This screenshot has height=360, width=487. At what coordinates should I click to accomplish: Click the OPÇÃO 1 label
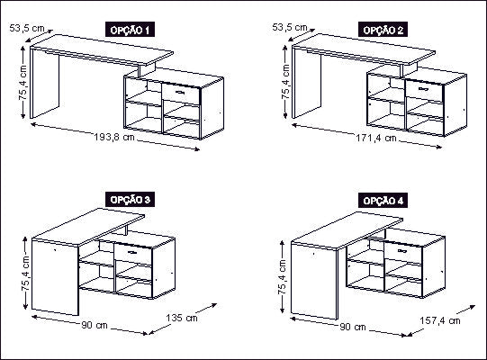pos(130,30)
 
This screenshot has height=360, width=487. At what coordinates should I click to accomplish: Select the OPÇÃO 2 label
pos(383,30)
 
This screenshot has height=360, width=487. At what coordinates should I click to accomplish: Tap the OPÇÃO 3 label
pos(131,200)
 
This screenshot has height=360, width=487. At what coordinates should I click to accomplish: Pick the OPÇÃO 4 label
pos(383,201)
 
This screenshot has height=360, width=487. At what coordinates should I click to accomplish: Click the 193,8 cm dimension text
pos(114,137)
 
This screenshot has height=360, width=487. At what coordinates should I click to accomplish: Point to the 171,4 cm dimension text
pos(376,138)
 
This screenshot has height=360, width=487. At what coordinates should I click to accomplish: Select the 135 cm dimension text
pos(182,318)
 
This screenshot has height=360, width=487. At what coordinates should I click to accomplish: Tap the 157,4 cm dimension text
pos(440,320)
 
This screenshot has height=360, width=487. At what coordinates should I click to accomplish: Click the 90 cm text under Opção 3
pos(95,325)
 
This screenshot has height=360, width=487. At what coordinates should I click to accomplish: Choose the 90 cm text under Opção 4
pos(353,327)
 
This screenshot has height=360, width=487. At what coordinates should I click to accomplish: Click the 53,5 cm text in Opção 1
pos(27,28)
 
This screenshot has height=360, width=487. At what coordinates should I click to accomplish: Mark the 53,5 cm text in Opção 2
pos(290,27)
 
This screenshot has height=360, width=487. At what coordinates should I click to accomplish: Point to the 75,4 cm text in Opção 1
pos(23,82)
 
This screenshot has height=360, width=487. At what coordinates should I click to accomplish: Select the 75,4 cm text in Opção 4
pos(282,277)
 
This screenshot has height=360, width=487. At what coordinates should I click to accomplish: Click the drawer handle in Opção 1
pos(180,93)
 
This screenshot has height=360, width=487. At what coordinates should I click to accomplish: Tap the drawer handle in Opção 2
pos(423,89)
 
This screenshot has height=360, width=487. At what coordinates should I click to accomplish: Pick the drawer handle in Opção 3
pos(132,252)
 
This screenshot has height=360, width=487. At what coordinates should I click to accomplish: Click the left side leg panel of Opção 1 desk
pos(45,83)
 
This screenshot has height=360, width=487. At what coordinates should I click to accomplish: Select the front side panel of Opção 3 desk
pos(55,277)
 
